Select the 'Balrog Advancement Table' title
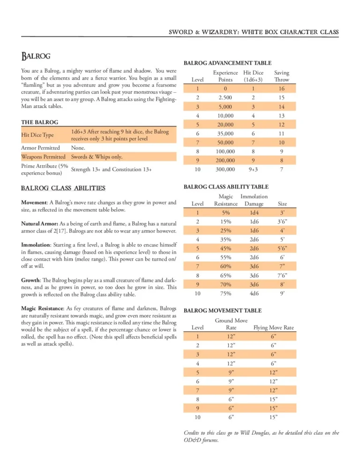227,63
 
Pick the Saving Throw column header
281,76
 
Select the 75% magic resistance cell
225,293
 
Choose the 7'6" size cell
283,276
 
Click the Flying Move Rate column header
273,327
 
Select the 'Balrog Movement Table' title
222,310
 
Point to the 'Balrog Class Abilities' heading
63,188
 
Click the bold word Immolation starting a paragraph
36,245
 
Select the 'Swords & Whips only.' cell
97,157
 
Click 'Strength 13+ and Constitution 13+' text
111,169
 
